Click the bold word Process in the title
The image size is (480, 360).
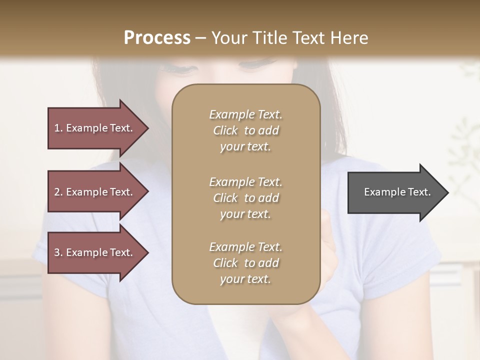click(157, 37)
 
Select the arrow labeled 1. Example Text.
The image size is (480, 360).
click(95, 128)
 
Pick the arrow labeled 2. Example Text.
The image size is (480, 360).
click(95, 192)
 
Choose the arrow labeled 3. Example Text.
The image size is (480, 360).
click(95, 252)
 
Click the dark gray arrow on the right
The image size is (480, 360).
click(395, 192)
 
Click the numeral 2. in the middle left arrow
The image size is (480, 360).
click(58, 192)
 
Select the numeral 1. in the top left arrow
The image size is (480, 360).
click(58, 128)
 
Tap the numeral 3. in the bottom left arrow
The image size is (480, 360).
click(58, 252)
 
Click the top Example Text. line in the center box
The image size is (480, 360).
click(245, 114)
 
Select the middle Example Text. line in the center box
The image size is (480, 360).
click(245, 182)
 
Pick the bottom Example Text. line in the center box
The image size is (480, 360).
click(245, 247)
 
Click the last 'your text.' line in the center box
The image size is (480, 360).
click(245, 279)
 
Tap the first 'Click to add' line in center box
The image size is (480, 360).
click(245, 131)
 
